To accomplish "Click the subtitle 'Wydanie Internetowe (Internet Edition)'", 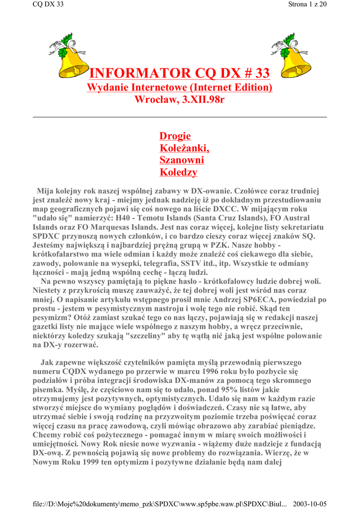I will coord(180,88).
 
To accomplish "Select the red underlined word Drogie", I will coord(175,136).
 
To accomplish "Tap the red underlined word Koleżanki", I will coord(184,148).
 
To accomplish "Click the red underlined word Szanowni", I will coord(182,160).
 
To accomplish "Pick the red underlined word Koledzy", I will coord(178,172).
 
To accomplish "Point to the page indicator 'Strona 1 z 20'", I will coord(307,4).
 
